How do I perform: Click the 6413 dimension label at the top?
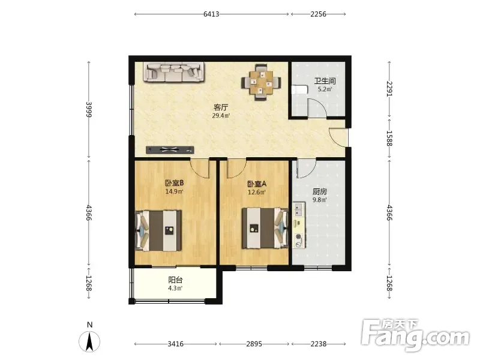point(211,14)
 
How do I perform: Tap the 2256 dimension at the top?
point(319,14)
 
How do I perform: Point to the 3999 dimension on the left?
point(89,110)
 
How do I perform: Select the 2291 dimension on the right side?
point(389,88)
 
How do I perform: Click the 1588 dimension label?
point(389,139)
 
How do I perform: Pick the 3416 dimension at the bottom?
point(175,344)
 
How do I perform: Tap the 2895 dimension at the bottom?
point(254,344)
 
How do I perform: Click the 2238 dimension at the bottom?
point(319,344)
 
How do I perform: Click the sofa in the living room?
point(174,72)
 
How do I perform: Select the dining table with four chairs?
point(261,82)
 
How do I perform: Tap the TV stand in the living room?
point(170,149)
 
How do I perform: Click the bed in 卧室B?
point(158,230)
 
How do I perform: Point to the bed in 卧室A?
point(265,228)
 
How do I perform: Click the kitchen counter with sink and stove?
point(299,225)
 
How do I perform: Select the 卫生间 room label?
point(325,81)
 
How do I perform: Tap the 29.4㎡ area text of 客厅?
point(221,116)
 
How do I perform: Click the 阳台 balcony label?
point(175,280)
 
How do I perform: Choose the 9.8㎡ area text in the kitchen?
point(320,200)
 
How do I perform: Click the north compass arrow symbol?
point(89,341)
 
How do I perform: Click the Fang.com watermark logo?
point(415,335)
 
